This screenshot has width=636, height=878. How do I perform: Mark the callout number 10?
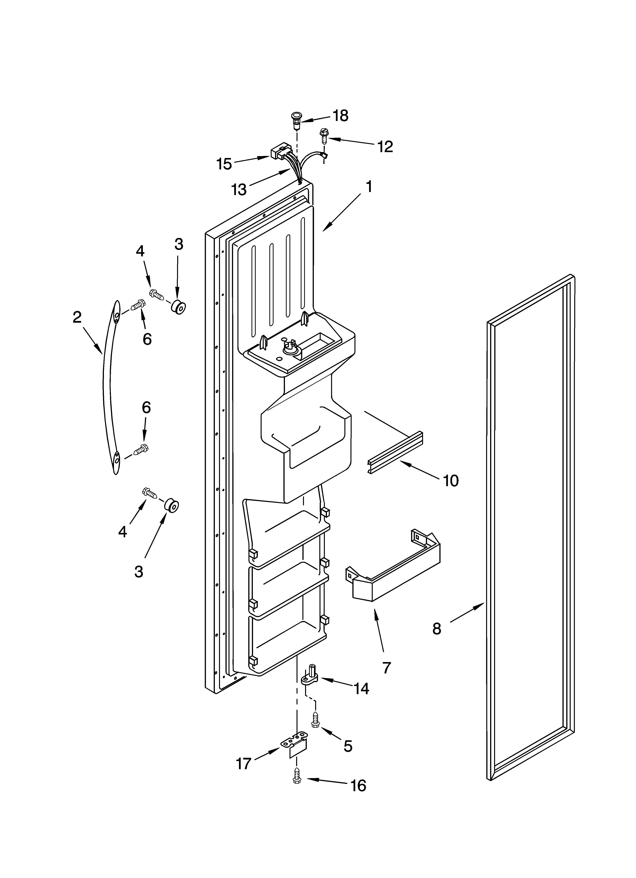pyautogui.click(x=450, y=480)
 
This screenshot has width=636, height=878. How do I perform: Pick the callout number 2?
pyautogui.click(x=77, y=317)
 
